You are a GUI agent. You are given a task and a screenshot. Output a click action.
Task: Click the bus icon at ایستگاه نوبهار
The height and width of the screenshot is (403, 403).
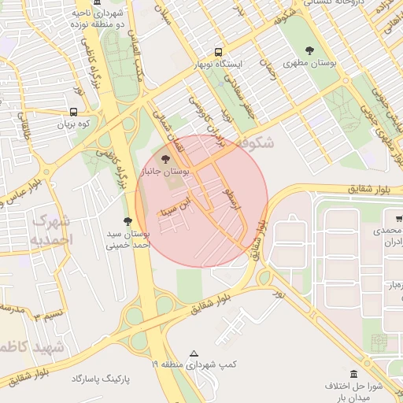coord(218,50)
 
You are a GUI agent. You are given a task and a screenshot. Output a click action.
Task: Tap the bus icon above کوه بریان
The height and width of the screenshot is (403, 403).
coord(72,113)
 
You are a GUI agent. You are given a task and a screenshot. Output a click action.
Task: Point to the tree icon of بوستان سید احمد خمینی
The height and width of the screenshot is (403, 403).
coord(128,222)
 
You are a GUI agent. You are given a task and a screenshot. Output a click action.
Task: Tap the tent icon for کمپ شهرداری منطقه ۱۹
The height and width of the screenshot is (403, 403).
coord(194,353)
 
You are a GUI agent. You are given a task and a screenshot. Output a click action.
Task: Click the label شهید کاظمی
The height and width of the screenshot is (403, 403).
coord(31,347)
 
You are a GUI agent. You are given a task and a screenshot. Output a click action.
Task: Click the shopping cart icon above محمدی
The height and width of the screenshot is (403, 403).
coord(389,216)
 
